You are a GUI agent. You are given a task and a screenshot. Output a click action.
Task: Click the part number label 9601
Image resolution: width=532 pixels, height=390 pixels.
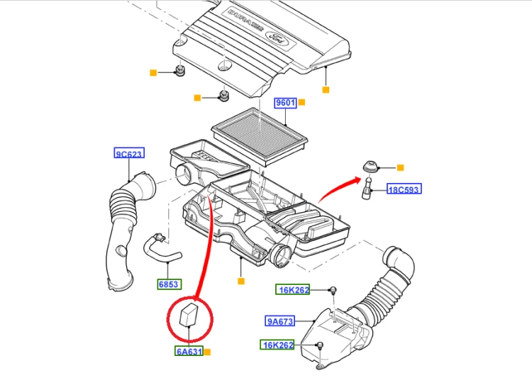[x=285, y=103]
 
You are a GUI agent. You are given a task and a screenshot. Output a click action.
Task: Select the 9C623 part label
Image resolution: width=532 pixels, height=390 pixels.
[x=129, y=153]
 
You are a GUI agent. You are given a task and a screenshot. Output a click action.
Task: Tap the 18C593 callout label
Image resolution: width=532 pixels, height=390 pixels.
[x=404, y=189]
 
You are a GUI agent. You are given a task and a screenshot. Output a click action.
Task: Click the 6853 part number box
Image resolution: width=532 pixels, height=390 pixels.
[x=170, y=284]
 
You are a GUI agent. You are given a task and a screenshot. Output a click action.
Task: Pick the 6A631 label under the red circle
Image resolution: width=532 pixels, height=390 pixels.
[x=189, y=351]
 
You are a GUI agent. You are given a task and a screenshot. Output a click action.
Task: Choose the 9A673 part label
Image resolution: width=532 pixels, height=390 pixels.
[x=280, y=321]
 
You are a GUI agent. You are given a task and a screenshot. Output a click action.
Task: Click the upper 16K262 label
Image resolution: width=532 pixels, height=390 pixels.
[x=292, y=289]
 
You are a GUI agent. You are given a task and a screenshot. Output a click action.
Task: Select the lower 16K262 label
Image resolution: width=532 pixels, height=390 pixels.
[x=277, y=345]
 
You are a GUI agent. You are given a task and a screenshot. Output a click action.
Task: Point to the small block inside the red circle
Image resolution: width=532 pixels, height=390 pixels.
[x=189, y=316]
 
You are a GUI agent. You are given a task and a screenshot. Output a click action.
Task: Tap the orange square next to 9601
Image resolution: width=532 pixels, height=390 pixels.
[x=301, y=102]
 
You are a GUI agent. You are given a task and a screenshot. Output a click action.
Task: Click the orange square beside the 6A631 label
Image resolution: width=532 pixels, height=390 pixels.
[x=208, y=352]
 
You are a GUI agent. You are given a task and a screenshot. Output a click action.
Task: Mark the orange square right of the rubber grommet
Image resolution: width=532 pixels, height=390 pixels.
[x=400, y=167]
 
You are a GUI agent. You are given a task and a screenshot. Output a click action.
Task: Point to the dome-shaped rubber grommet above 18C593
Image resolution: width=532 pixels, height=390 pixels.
[x=370, y=167]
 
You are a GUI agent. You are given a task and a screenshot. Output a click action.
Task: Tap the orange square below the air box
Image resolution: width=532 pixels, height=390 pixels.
[x=241, y=281]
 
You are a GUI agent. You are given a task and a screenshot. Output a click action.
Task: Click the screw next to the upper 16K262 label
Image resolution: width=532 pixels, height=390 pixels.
[x=333, y=290]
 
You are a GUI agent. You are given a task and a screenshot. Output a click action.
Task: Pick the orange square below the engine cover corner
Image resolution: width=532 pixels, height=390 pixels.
[x=326, y=89]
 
